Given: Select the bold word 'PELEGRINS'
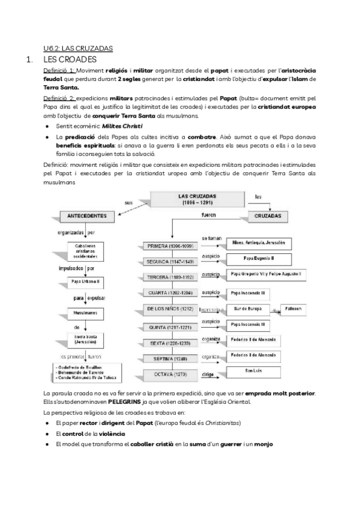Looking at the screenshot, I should (125, 402).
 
